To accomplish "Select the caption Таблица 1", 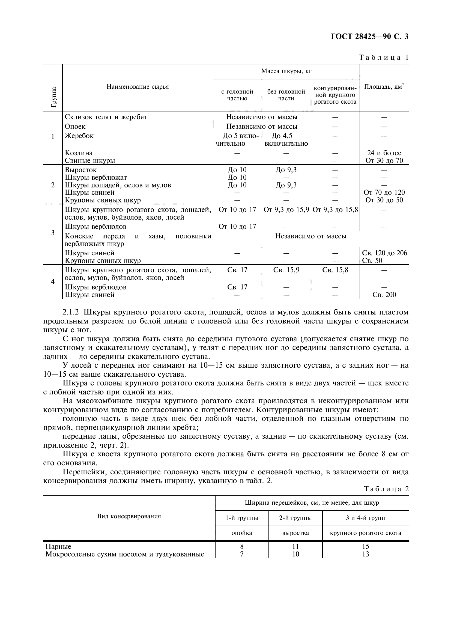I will pos(384,58).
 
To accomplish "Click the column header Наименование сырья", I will pos(138,87).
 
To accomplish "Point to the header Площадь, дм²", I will pos(384,87).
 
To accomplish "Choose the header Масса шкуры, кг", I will pos(286,71).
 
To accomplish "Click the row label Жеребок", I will pos(79,136).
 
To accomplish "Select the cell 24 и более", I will pos(384,153).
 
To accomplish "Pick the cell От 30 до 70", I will pos(384,160).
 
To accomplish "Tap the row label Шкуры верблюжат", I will pos(96,177).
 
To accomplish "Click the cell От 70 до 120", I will pos(384,192).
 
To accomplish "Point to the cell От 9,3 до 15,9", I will pos(286,209).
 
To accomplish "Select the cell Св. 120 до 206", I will pos(384,253).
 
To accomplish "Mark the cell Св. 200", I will pos(384,295).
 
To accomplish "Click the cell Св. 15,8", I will pos(335,270).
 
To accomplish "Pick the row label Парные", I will pos(58,546).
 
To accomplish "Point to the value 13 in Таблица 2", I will pos(365,554).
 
